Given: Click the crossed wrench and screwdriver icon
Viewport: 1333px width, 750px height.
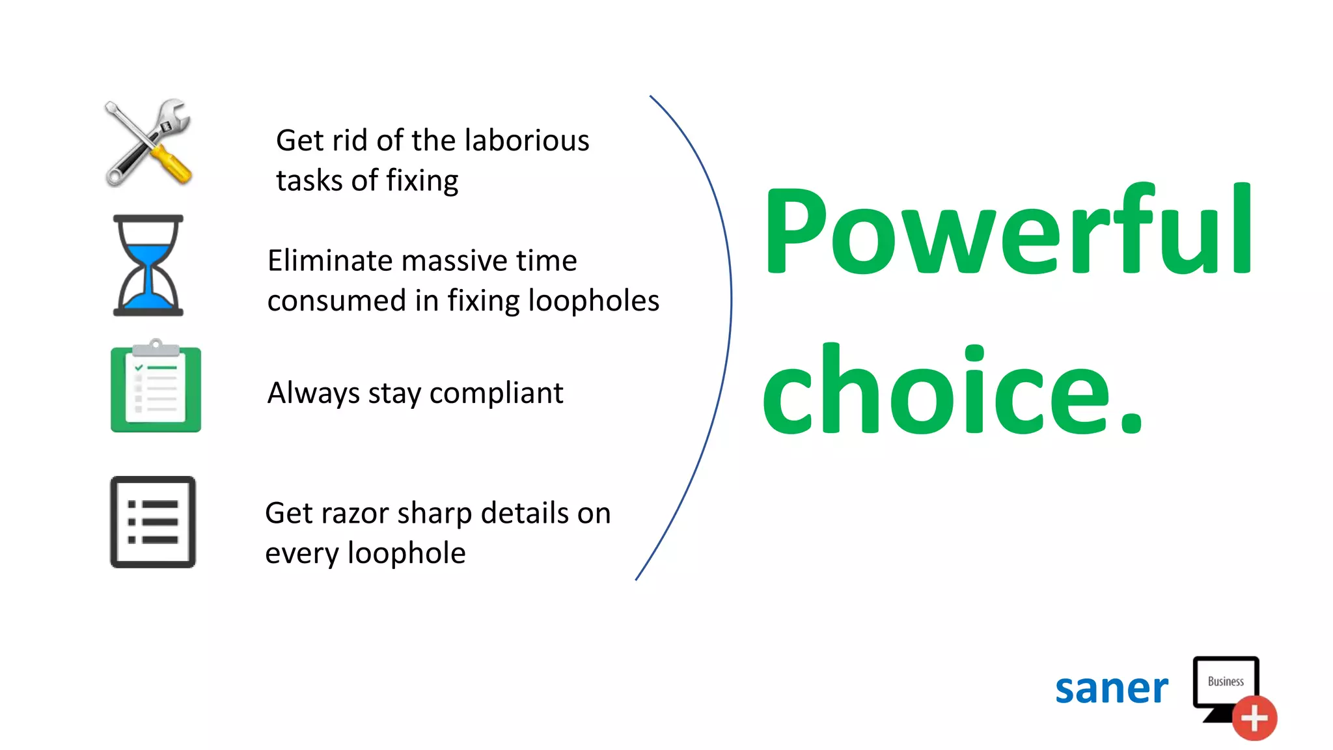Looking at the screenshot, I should coord(148,143).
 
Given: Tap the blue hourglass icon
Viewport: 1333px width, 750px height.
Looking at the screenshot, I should coord(148,266).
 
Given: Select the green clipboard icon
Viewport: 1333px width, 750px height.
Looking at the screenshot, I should coord(156,387).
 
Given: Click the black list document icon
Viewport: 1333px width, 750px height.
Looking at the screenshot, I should coord(153,521).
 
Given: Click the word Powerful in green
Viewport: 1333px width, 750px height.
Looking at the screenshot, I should coord(1008,231).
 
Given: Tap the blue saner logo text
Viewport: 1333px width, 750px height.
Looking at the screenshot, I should coord(1111,689).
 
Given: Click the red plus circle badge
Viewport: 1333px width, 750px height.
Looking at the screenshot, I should coord(1254,718).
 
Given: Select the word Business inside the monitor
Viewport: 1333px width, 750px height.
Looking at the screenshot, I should coord(1226,682).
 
